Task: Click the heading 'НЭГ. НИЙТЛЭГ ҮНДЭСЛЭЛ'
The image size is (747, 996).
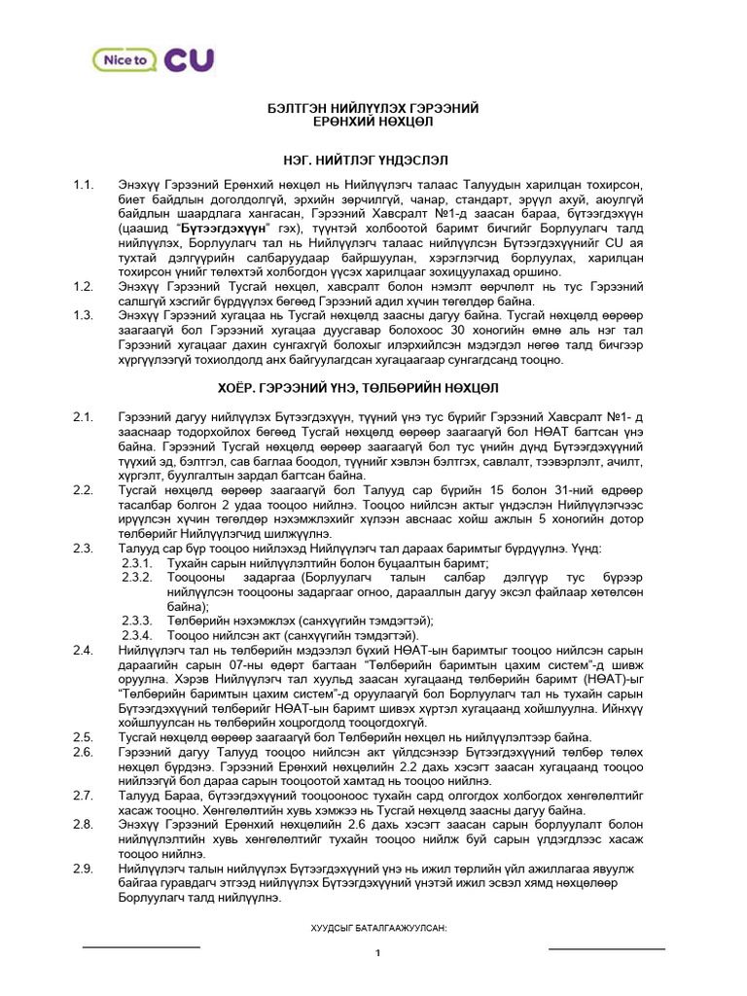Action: (374, 159)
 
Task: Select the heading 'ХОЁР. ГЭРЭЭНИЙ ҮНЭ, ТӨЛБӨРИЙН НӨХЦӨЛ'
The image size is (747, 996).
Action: (374, 385)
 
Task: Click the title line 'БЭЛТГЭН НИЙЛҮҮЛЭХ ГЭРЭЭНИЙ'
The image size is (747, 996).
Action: (374, 108)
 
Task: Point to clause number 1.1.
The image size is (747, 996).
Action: (83, 185)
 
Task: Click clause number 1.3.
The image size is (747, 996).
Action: (83, 316)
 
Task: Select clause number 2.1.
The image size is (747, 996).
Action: (83, 417)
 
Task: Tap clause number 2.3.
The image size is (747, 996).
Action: (83, 549)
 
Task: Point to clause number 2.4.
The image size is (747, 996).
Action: (83, 650)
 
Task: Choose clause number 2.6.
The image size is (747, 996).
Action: (83, 752)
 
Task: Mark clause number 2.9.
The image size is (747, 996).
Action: (83, 868)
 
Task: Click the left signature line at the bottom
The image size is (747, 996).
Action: (141, 945)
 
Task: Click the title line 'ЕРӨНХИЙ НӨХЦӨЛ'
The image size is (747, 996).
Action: (374, 123)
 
